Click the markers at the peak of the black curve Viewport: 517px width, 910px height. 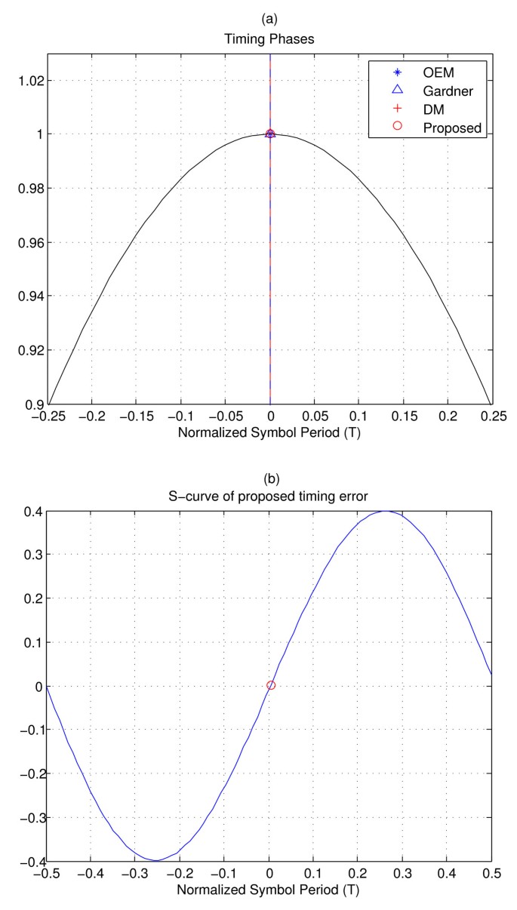[270, 134]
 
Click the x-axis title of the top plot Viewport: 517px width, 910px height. [270, 432]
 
